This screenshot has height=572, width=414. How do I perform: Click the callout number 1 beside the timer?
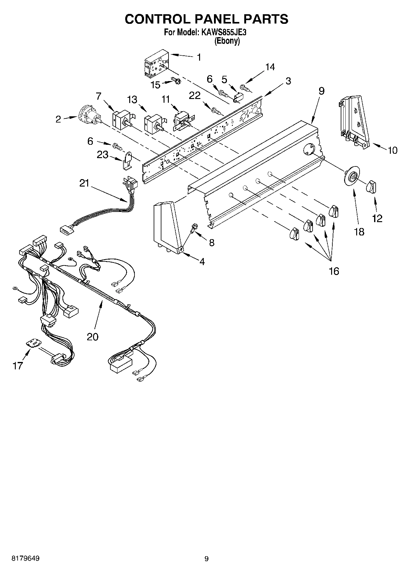pos(199,57)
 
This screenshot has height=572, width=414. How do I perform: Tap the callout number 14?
pos(270,67)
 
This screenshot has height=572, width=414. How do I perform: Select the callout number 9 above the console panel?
pos(322,91)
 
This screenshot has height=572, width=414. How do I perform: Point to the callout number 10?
pos(392,150)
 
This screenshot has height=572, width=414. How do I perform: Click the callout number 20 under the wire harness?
pos(92,337)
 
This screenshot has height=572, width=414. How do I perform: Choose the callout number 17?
pos(18,366)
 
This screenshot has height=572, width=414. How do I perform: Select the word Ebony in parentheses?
pos(227,41)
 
